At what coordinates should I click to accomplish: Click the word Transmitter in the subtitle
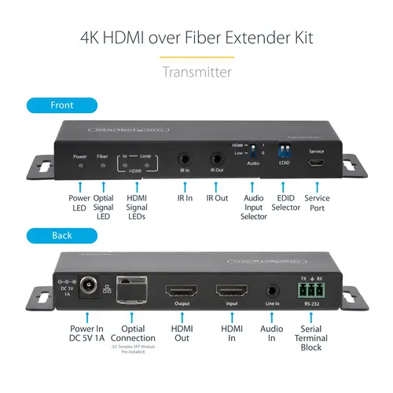[196, 72]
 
